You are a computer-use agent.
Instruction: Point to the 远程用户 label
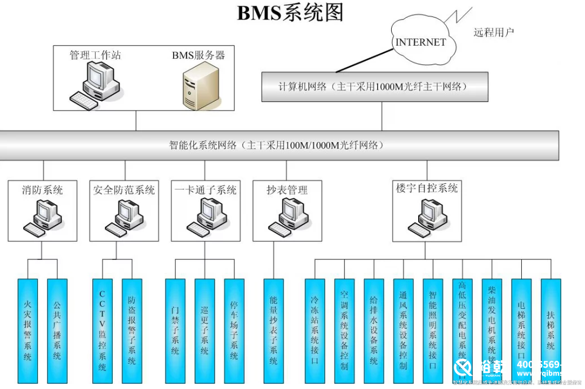coord(494,32)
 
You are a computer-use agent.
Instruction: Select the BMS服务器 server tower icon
coord(200,85)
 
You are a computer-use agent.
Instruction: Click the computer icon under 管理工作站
coord(96,85)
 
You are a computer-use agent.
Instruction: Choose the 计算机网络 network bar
coord(375,86)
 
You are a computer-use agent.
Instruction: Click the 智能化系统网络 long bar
coord(279,145)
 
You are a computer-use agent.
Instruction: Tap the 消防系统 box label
coord(42,190)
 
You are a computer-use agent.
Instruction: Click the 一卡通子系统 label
coord(205,190)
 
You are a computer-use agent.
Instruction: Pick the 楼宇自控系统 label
coord(427,188)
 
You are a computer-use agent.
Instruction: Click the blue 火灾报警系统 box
coord(28,330)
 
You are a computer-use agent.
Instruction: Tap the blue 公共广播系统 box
coord(57,330)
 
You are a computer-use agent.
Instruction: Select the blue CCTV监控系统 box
coord(102,330)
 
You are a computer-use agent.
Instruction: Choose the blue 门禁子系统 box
coord(175,330)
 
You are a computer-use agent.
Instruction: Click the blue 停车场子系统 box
coord(234,330)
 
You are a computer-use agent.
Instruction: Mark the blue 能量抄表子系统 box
coord(273,330)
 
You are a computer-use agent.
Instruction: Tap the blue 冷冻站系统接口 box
coord(314,330)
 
